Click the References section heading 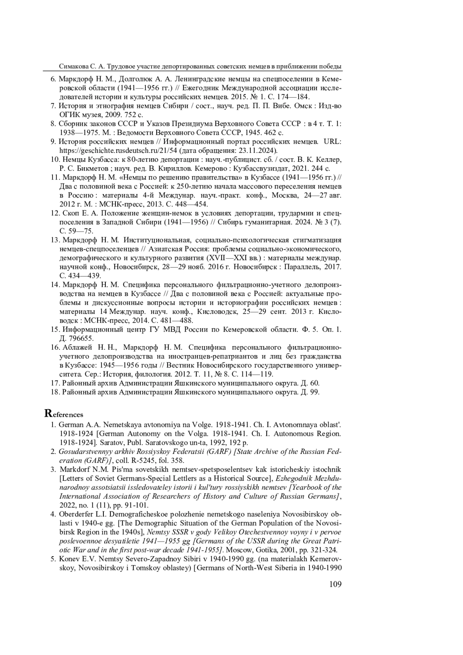[64, 414]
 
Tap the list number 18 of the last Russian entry [54, 392]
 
